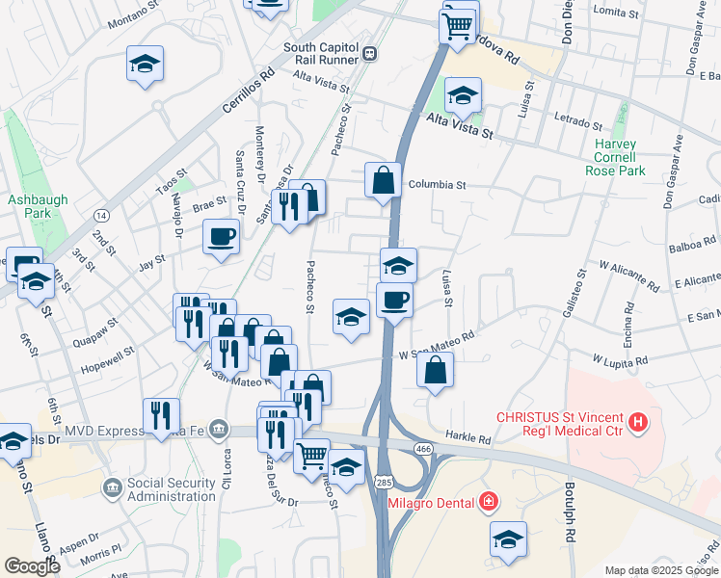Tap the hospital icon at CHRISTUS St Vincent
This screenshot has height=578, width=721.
pos(637,422)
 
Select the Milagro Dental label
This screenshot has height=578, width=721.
pos(430,503)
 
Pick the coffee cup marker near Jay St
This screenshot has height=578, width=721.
pos(221,236)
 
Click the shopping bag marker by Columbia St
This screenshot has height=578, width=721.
pos(383,179)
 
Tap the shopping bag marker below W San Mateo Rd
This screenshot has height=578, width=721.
pos(436,369)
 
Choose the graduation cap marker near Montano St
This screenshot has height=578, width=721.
pos(145,66)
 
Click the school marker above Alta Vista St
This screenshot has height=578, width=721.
pos(463,94)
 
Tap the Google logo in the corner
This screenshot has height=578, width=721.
pos(32,566)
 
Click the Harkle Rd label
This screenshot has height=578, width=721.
pos(468,436)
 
